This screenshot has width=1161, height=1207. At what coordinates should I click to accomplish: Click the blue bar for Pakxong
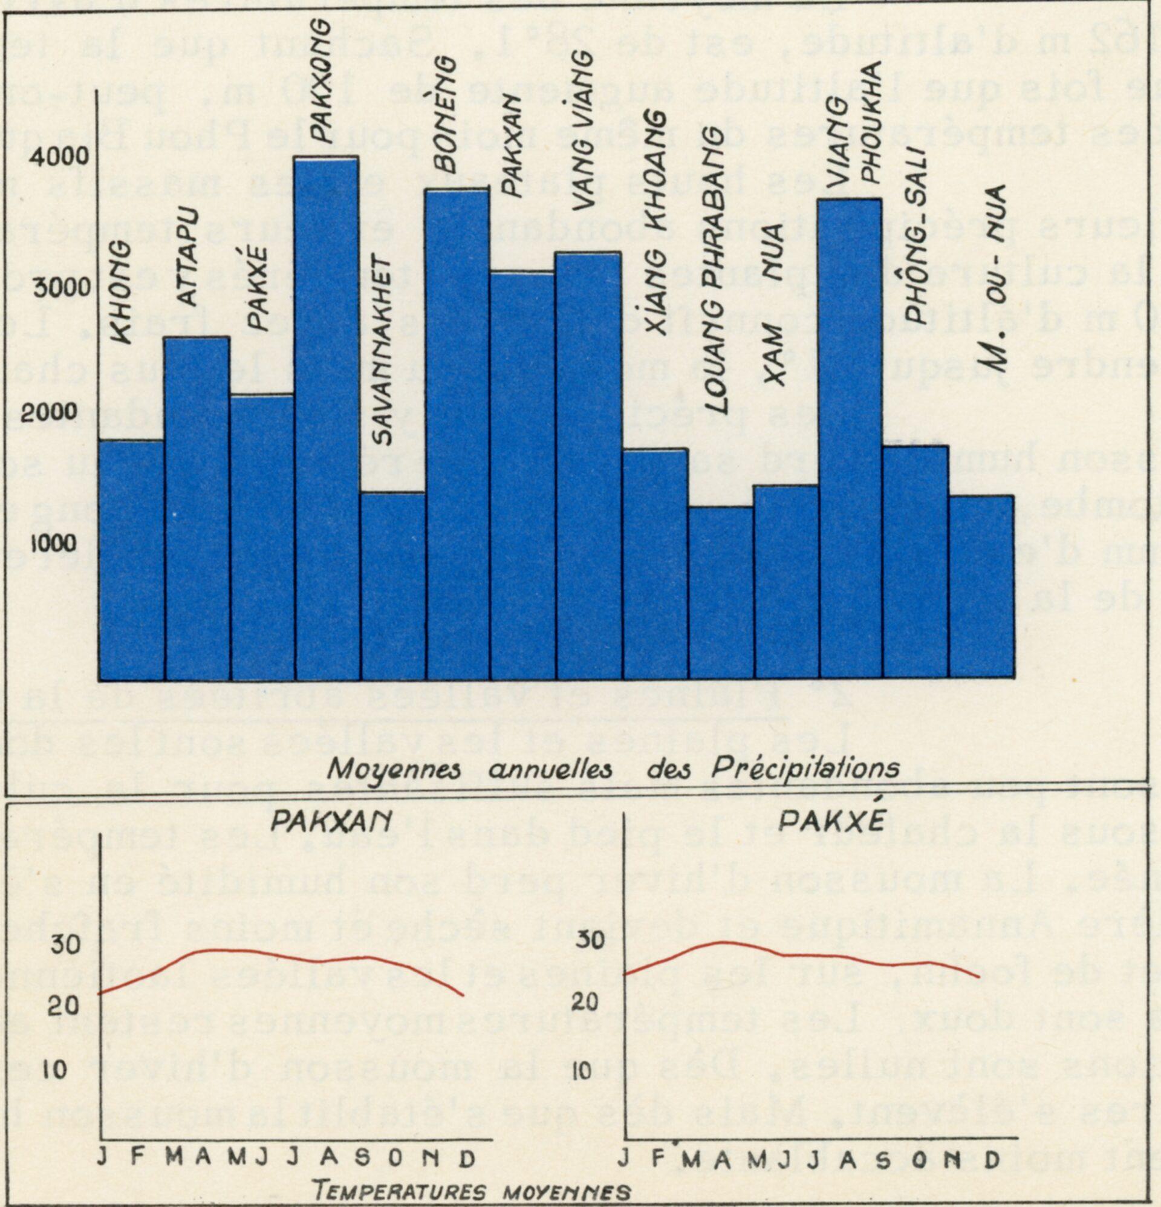(327, 418)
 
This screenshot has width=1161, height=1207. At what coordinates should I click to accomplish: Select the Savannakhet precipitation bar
(392, 585)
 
